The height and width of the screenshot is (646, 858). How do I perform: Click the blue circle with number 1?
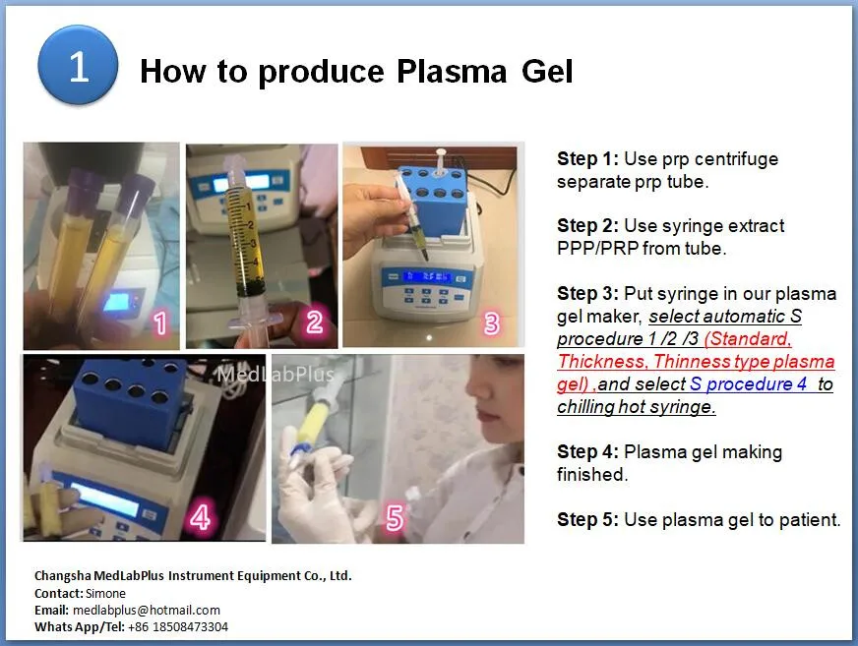tap(78, 67)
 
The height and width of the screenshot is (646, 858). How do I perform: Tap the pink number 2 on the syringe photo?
tap(314, 321)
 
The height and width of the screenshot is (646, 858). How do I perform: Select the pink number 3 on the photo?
tap(492, 322)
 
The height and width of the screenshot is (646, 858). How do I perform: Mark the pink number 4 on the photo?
tap(200, 516)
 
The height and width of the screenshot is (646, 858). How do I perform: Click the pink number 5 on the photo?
tap(395, 517)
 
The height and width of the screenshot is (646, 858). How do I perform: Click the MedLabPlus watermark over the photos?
tap(276, 375)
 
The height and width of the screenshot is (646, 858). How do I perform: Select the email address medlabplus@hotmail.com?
tap(147, 610)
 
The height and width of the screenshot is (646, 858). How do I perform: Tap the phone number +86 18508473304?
tap(178, 626)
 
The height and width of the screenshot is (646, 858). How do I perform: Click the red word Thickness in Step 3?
tap(603, 362)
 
